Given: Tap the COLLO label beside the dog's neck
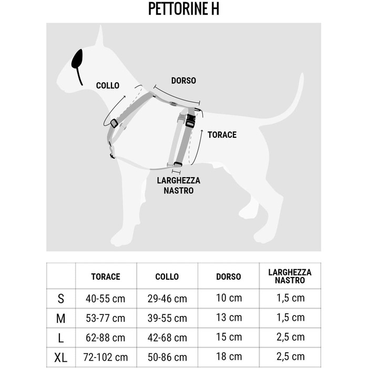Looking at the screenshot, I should [x=107, y=85].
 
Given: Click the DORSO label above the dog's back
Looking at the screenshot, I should [x=183, y=80].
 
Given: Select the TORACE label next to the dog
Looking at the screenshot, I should [x=222, y=135].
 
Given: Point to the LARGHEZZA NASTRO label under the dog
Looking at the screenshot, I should [x=179, y=186].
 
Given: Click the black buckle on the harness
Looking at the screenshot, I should [x=190, y=120].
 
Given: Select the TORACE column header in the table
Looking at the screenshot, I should [x=106, y=277].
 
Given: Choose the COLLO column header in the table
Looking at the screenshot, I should [x=167, y=277].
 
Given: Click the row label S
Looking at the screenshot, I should [x=61, y=299].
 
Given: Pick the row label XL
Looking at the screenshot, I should [x=61, y=358].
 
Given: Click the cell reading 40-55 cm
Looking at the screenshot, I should [x=106, y=299].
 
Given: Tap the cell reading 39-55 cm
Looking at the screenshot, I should [x=167, y=319].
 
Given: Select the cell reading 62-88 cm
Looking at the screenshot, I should [x=106, y=338].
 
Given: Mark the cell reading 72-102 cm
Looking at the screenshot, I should [x=106, y=358].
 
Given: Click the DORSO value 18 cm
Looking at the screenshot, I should [x=229, y=357].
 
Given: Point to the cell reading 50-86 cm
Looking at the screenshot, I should [x=167, y=358].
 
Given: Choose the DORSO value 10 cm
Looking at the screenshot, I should [x=229, y=298].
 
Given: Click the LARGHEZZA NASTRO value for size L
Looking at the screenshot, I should [x=290, y=338].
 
